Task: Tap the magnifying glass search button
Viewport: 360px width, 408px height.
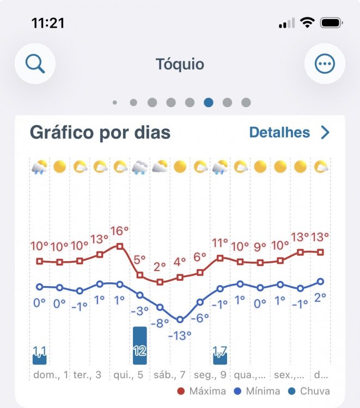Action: [x=35, y=64]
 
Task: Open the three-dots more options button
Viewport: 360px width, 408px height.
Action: [x=325, y=64]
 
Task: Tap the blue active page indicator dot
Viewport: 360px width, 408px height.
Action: [x=209, y=102]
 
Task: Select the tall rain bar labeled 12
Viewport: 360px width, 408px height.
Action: [x=140, y=345]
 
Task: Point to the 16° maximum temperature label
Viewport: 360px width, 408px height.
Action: [x=120, y=231]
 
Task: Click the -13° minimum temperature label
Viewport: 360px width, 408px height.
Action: [x=180, y=336]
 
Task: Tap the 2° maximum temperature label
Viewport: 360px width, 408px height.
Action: [x=160, y=267]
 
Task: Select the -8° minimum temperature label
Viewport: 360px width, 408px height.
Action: [x=160, y=323]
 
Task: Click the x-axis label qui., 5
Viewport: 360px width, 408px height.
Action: [x=129, y=375]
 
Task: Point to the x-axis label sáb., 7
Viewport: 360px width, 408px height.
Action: [x=169, y=375]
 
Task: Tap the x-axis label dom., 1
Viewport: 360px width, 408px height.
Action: [x=51, y=375]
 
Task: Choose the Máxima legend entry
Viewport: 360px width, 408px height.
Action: [x=202, y=391]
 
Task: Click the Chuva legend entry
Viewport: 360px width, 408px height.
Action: [x=309, y=391]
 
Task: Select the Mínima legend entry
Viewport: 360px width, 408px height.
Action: [x=257, y=391]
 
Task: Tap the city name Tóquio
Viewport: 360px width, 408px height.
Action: [x=180, y=64]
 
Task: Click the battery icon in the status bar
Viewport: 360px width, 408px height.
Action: [x=332, y=23]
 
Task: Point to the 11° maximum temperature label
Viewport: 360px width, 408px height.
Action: [x=220, y=243]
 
